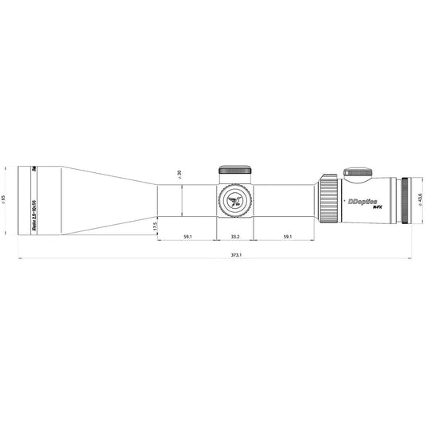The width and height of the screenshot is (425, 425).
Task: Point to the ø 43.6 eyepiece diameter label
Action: tap(419, 201)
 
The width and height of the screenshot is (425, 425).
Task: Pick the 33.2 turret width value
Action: tap(235, 236)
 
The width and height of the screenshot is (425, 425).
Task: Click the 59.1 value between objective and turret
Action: tap(187, 236)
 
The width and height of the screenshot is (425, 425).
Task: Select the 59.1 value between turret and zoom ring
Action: tap(285, 236)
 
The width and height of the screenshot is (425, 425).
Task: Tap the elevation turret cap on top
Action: tap(235, 169)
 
